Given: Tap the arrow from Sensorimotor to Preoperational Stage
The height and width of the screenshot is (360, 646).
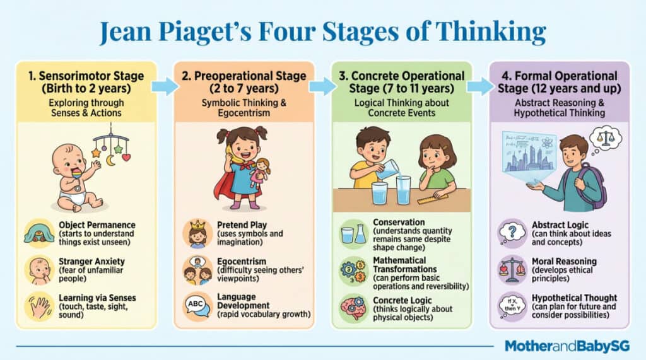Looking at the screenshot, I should click(165, 86).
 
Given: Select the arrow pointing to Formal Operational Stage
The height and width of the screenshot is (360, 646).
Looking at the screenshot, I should click(480, 86).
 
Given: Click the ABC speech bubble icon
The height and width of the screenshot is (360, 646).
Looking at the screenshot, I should click(196, 306).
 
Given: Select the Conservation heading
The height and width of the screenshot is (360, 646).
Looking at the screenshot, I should click(399, 222).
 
